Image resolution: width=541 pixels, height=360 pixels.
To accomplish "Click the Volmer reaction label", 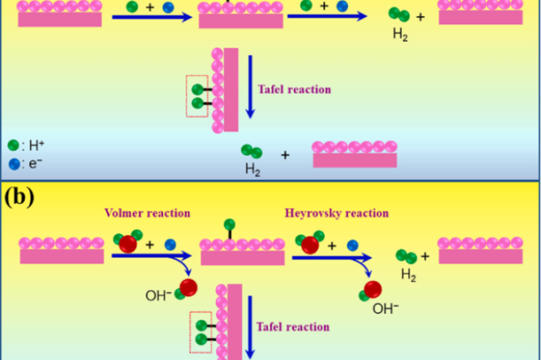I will [147, 213].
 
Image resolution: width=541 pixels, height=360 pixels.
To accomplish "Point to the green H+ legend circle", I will [13, 145].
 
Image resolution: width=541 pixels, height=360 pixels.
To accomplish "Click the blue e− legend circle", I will [13, 162].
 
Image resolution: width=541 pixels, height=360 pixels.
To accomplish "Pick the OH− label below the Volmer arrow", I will [157, 295].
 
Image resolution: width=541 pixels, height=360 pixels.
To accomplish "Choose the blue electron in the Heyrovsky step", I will [352, 243].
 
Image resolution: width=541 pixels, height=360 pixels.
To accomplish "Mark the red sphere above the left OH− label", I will [188, 287].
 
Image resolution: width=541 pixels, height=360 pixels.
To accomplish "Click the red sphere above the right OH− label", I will [372, 289].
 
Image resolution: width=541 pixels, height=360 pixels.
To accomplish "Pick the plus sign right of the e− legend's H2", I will [284, 153].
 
